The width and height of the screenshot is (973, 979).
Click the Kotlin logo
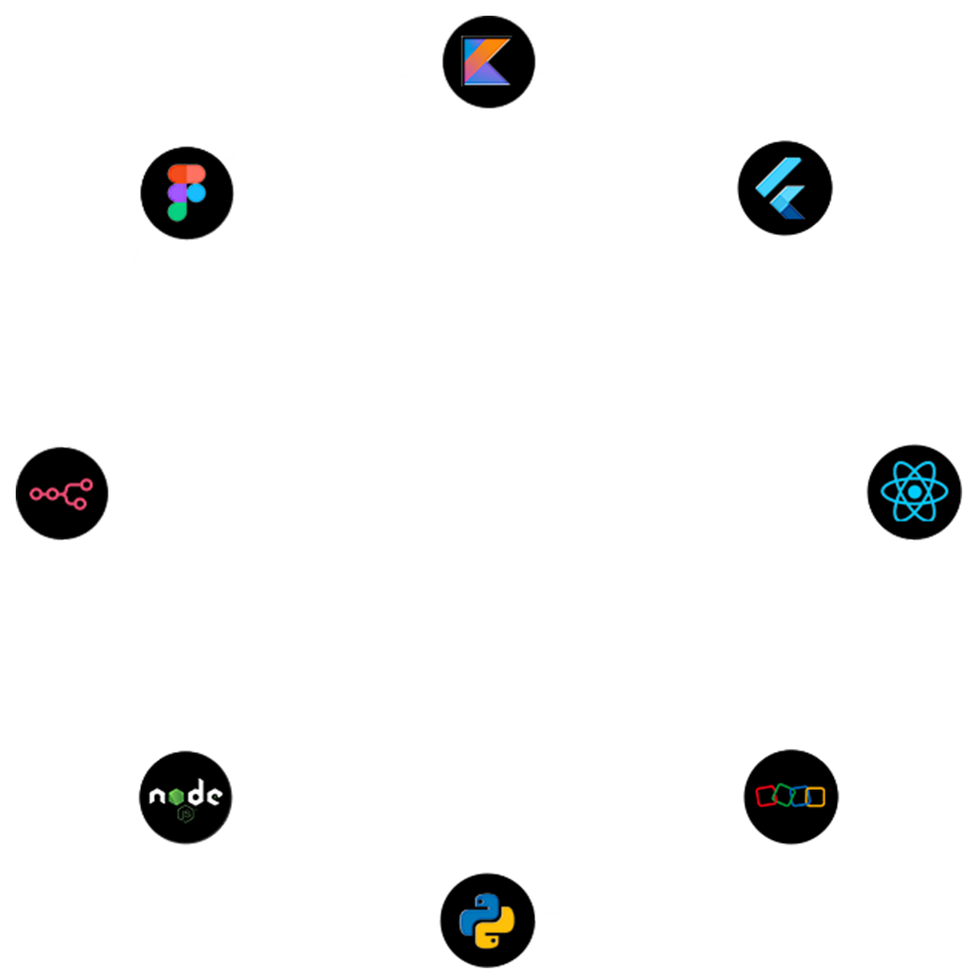486,61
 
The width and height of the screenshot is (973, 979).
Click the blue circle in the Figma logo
196,193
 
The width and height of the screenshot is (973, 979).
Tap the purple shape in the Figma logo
177,193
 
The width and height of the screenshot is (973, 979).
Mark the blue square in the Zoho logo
800,796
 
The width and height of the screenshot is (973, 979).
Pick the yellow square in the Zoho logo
815,797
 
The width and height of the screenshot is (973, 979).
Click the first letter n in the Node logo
157,797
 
